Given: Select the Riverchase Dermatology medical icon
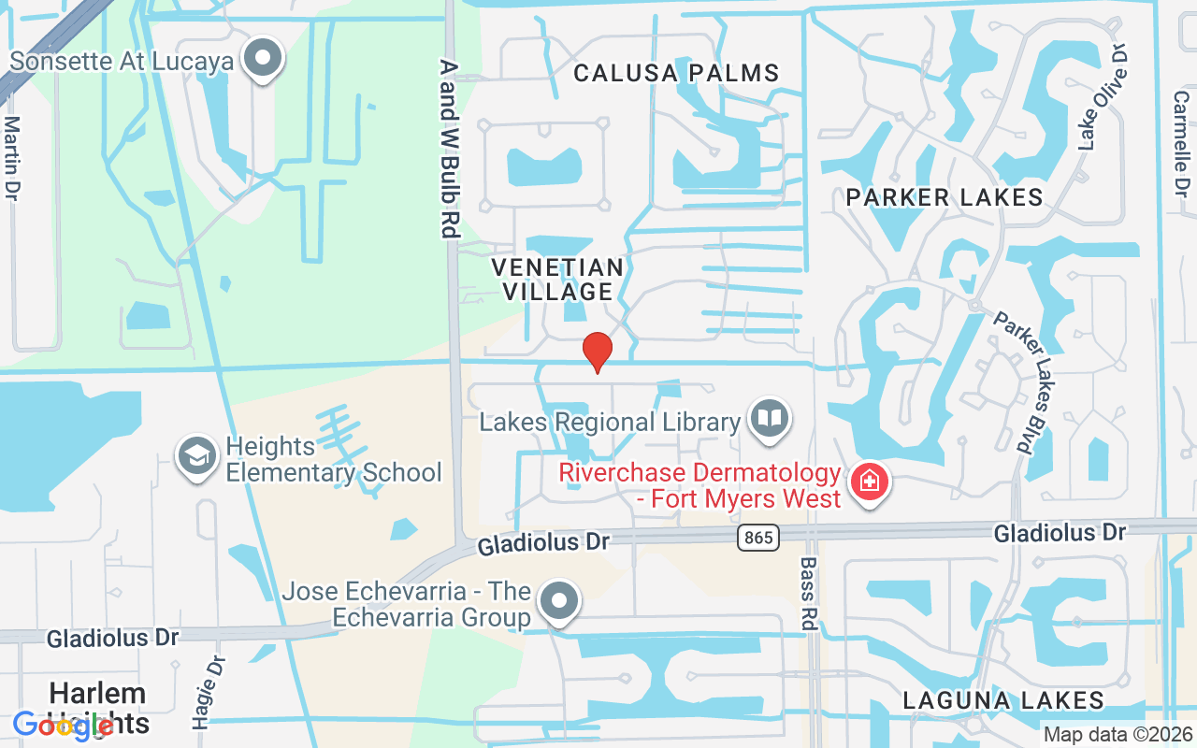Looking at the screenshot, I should (x=870, y=482).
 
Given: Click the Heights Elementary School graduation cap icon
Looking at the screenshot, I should (x=197, y=458).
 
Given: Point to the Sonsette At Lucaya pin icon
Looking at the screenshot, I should (x=263, y=60).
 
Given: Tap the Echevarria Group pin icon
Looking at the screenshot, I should (x=560, y=603).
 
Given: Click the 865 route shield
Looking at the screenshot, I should (x=757, y=538).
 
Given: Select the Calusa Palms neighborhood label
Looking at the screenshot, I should (x=676, y=73).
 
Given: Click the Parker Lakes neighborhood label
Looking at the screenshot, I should (x=945, y=197).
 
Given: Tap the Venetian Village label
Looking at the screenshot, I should (x=558, y=280).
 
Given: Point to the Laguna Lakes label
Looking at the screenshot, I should (x=1003, y=700).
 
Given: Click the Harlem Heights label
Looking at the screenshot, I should (x=98, y=708).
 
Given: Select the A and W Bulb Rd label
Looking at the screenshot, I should (x=450, y=148).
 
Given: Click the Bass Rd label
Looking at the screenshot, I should (x=808, y=593).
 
